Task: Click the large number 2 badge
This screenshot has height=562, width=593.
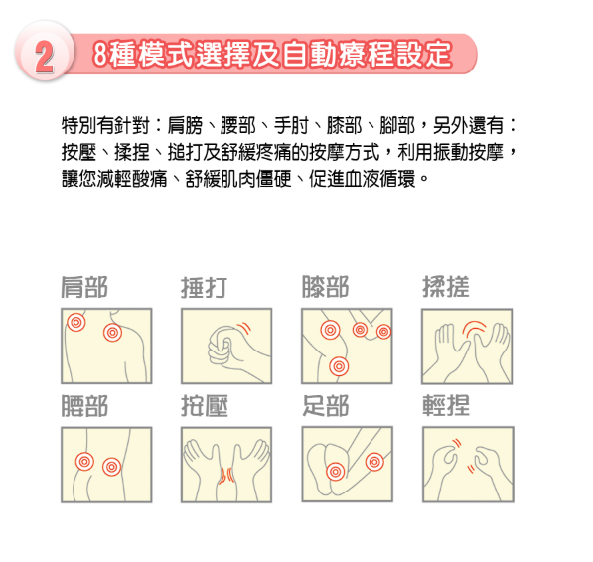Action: pos(45,52)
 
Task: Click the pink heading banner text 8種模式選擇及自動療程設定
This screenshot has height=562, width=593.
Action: pos(272,54)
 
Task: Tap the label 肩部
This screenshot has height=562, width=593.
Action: pos(84,287)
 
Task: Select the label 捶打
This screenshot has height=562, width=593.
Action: pos(205,288)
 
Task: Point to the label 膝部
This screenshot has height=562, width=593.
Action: pos(325,287)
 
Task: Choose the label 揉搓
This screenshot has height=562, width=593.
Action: pos(446,287)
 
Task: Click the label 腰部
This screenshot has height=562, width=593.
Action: pos(84,406)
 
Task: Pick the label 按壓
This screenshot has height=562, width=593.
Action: pos(205,406)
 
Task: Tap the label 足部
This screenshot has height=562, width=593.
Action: pos(325,406)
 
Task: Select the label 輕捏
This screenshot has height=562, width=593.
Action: pos(446,405)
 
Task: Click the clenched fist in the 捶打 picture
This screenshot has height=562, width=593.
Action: pos(222,347)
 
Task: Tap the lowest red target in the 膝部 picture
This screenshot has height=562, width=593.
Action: pos(339,366)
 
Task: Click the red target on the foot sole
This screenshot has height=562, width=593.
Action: pos(335,472)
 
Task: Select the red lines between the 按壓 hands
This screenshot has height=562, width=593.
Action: pos(226,476)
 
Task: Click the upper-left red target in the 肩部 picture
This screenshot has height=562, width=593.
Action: pos(76,323)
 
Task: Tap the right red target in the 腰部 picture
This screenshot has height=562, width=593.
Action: pos(111,467)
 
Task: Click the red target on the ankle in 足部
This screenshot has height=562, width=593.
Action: pos(374,462)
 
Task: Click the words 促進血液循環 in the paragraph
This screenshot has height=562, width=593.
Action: pos(362,179)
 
